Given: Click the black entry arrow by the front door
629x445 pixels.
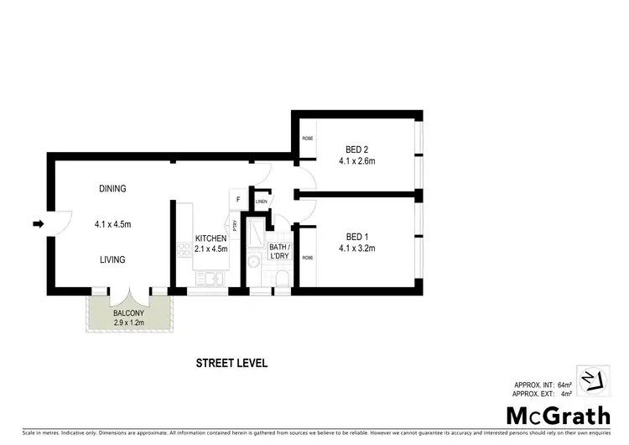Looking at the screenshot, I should point(38,223).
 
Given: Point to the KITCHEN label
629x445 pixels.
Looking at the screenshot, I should point(211,238).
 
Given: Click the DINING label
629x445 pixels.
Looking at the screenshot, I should point(112,189).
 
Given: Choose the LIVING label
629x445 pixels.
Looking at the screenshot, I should point(112,259).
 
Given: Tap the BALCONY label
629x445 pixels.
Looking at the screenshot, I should point(128,313).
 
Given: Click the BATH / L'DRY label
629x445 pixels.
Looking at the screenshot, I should point(278,251).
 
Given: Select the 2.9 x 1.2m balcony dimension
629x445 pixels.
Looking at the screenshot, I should point(128,322).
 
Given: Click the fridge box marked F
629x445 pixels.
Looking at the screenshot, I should point(238,200).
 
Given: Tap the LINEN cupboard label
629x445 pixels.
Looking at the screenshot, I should point(262,202).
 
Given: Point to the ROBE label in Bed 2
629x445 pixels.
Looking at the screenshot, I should point(308,139).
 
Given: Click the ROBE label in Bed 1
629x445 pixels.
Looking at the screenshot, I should point(308,257).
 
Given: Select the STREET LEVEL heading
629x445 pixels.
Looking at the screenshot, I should point(231,364).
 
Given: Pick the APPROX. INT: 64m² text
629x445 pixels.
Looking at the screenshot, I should point(541,384).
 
